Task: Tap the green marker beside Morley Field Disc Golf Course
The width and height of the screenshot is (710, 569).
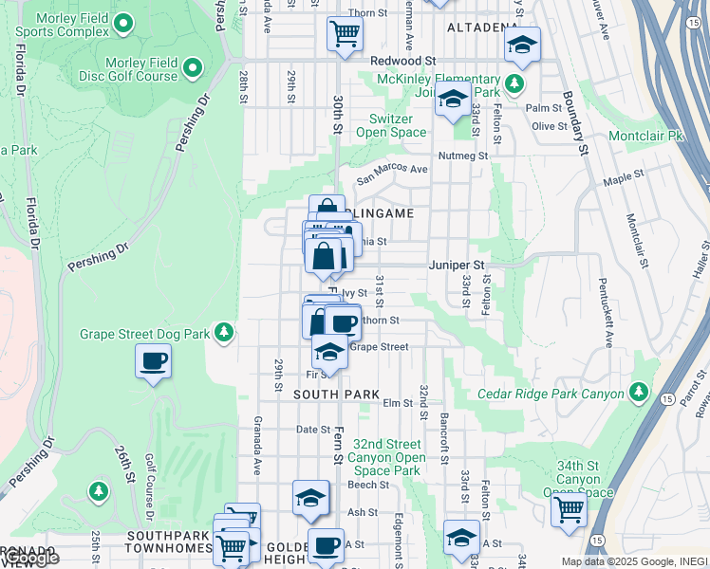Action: point(193,68)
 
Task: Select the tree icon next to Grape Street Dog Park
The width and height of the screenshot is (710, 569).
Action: point(223,332)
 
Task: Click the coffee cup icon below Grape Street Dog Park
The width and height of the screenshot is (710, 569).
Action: point(152,361)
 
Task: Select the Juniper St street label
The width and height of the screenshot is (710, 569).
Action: point(457,265)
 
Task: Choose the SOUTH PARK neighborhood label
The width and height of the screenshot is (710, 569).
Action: point(336,394)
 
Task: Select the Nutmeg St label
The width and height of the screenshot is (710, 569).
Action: point(463,156)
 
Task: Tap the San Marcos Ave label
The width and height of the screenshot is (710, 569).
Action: point(392,172)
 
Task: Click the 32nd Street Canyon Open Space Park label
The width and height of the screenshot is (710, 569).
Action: point(386,456)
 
